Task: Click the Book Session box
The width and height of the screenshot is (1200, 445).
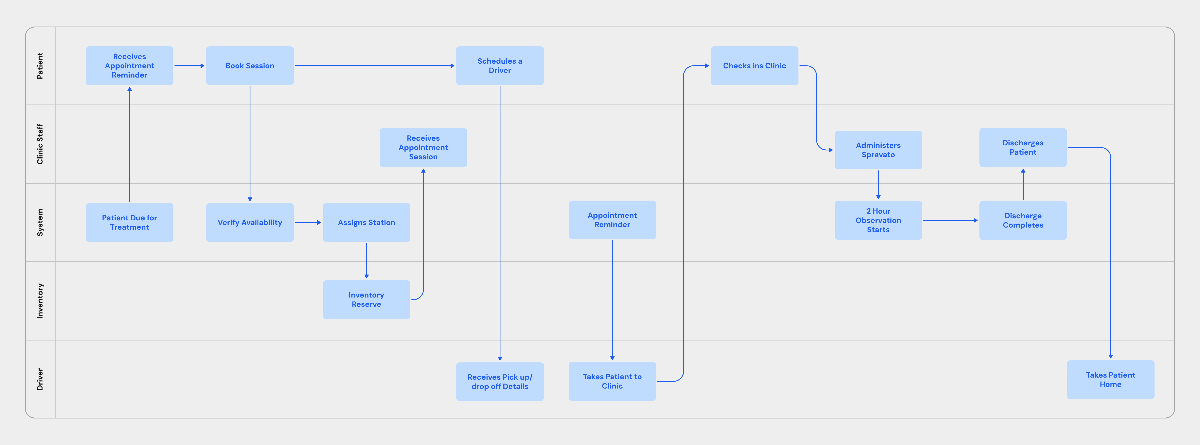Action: [x=250, y=66]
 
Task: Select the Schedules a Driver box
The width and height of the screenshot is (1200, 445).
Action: [x=500, y=66]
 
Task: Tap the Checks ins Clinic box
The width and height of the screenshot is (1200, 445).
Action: [x=754, y=66]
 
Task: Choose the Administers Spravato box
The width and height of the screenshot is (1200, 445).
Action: [x=878, y=150]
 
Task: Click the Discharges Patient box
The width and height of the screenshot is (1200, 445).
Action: [x=1023, y=147]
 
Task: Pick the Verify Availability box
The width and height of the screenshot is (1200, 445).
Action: [x=250, y=222]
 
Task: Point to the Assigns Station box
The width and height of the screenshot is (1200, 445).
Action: [x=367, y=222]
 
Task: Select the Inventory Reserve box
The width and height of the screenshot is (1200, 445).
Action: [x=367, y=299]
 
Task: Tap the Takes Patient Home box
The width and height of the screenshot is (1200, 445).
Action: [x=1111, y=380]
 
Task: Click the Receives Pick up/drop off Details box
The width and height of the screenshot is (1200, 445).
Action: [x=500, y=382]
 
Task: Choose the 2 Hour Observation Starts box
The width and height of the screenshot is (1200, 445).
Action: [x=878, y=220]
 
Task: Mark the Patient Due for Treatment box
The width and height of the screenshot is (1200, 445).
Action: [x=129, y=222]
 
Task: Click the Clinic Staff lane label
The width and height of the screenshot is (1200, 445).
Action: [x=40, y=144]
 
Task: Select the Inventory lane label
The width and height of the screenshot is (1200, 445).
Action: [x=40, y=301]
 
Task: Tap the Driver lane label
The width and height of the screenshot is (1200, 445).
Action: [x=40, y=379]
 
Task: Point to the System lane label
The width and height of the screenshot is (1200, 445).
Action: [x=40, y=222]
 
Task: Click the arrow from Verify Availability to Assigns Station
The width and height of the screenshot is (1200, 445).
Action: [x=308, y=222]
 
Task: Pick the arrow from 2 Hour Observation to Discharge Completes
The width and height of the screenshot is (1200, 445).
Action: [x=950, y=220]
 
